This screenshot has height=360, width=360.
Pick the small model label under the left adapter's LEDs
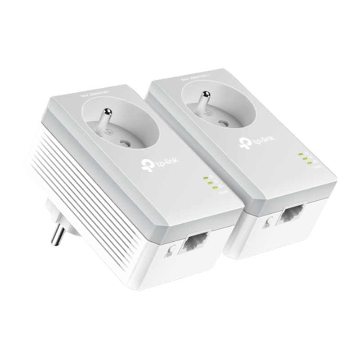[220, 193]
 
